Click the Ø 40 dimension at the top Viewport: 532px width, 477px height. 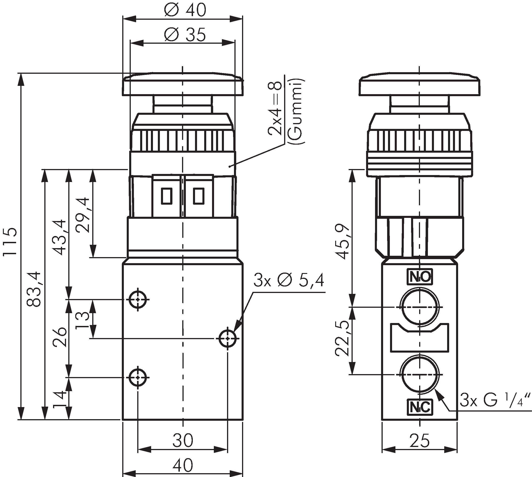pos(185,10)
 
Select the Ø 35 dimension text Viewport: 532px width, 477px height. pos(185,35)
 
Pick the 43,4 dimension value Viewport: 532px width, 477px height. pos(59,237)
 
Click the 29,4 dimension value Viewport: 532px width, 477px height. pos(82,215)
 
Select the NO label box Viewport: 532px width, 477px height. pos(419,277)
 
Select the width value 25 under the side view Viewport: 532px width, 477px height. pos(419,440)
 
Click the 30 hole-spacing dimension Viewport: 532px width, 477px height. pos(183,440)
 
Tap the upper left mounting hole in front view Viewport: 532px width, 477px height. pos(138,299)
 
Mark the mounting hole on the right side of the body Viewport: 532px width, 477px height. pos(227,338)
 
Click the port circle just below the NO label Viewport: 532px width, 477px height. pos(419,307)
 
